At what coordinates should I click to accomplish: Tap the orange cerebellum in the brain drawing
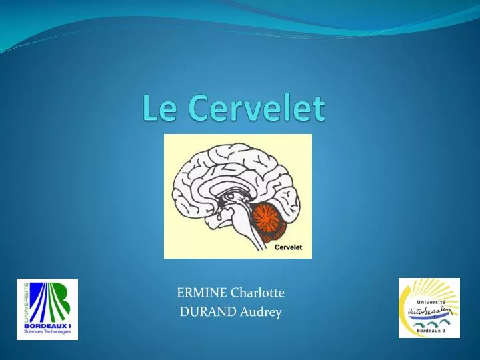pyautogui.click(x=269, y=221)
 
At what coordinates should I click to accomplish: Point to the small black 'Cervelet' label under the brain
pyautogui.click(x=289, y=247)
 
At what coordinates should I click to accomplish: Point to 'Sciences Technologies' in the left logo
pyautogui.click(x=48, y=331)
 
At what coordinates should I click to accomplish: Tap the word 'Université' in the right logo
pyautogui.click(x=438, y=301)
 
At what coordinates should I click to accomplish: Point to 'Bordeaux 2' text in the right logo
pyautogui.click(x=431, y=331)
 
